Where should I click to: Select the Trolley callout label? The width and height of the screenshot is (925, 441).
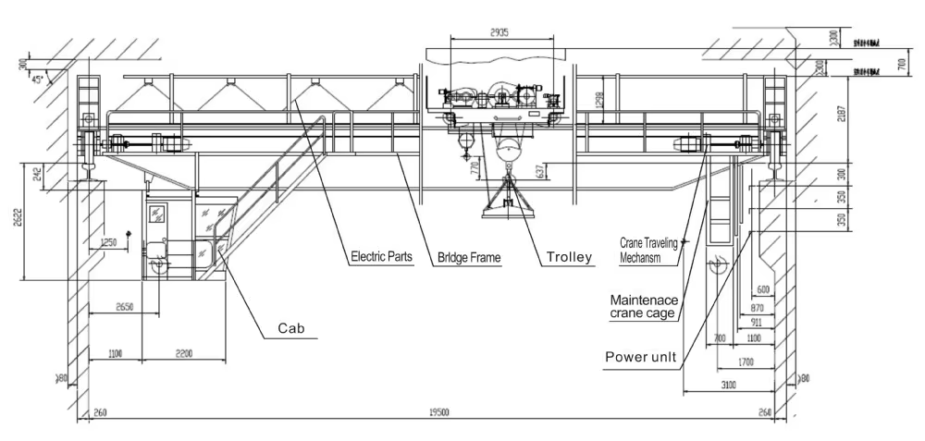pyautogui.click(x=569, y=258)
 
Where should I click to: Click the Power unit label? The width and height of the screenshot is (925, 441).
pyautogui.click(x=639, y=356)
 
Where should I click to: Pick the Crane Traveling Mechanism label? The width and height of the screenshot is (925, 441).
pyautogui.click(x=650, y=251)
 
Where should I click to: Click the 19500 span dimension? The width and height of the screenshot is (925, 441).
pyautogui.click(x=439, y=413)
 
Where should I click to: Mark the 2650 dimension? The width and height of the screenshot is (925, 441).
pyautogui.click(x=127, y=306)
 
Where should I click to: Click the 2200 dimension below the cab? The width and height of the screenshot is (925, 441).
pyautogui.click(x=184, y=354)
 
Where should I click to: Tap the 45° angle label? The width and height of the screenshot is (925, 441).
pyautogui.click(x=38, y=80)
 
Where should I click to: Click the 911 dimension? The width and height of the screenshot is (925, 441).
pyautogui.click(x=756, y=323)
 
